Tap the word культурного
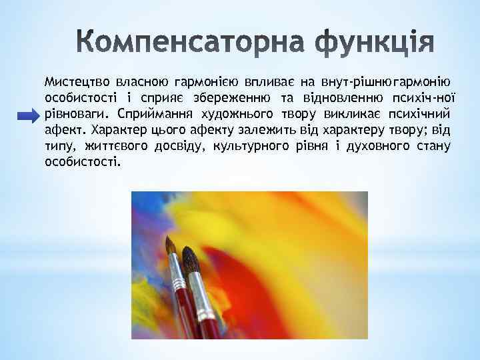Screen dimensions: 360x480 pos(251,146)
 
